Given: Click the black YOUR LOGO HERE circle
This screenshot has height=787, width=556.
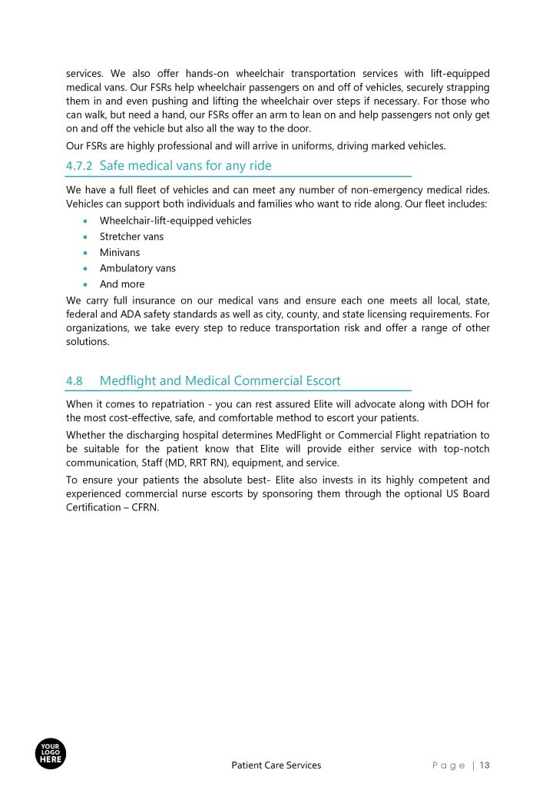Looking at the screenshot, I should [x=51, y=752].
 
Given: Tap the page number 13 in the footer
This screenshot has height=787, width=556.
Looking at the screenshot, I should [x=485, y=765].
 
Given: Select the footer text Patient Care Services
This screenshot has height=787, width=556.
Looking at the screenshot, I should [x=276, y=765].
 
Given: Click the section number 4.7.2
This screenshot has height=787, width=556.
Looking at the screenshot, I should [x=79, y=165].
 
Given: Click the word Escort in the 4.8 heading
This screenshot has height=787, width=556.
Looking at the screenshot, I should [x=322, y=380].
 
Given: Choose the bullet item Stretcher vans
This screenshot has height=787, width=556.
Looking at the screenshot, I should [x=131, y=236].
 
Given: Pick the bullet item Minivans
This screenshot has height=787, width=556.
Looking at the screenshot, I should [x=120, y=252].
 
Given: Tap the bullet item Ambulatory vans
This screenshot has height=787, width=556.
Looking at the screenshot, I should [x=137, y=268].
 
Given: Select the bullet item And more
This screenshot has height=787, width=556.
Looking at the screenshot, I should [x=121, y=284].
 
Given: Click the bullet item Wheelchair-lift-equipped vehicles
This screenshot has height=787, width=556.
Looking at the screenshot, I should [x=175, y=221].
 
